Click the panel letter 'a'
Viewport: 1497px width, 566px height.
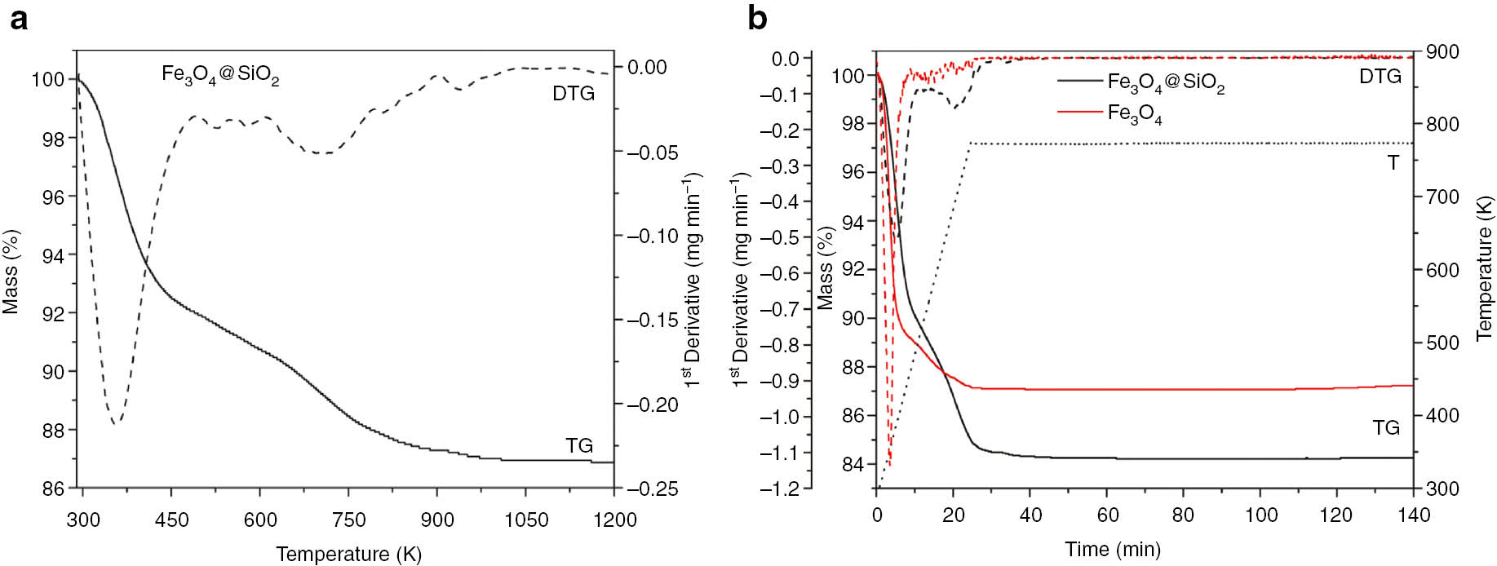(x=18, y=19)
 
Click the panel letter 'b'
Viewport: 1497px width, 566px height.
(x=757, y=19)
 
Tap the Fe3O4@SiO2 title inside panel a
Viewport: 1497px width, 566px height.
(x=220, y=75)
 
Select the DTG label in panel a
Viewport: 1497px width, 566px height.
(x=574, y=94)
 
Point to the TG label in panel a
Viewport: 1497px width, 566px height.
(x=579, y=445)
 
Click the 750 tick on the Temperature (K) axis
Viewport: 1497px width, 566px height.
(x=349, y=520)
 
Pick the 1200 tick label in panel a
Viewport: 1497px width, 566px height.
(x=614, y=520)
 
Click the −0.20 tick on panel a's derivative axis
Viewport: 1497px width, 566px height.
(x=653, y=405)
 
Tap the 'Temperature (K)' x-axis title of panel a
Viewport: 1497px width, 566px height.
(x=348, y=555)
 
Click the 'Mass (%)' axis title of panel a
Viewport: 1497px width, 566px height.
(x=11, y=271)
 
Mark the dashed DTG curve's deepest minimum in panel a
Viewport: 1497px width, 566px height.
(x=116, y=423)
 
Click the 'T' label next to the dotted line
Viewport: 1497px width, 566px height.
(x=1393, y=163)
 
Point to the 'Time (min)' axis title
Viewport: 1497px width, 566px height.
(x=1112, y=549)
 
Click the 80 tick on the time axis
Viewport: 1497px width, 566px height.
(x=1183, y=515)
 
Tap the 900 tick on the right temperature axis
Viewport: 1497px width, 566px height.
(x=1443, y=51)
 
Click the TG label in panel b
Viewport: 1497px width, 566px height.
(x=1386, y=427)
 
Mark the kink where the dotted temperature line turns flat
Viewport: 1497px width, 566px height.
(x=970, y=144)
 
